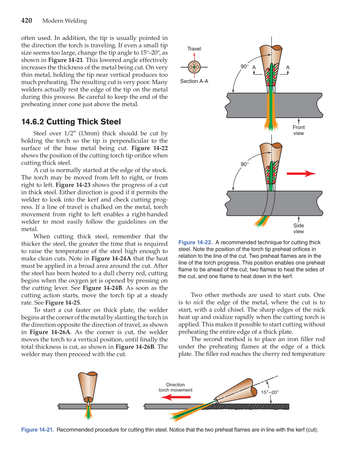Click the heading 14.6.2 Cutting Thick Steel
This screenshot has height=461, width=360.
[x=71, y=122]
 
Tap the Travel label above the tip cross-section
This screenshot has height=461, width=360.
[x=194, y=49]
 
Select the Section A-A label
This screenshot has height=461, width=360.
[x=194, y=81]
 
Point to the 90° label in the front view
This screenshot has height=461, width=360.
[x=245, y=67]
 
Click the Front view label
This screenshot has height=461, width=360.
[x=299, y=130]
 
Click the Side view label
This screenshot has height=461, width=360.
[x=299, y=229]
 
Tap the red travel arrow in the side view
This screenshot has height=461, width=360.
[x=301, y=173]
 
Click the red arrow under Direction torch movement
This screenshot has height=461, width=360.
[x=176, y=397]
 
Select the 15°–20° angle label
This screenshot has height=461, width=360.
[x=270, y=393]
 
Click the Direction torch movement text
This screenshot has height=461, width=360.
[x=175, y=387]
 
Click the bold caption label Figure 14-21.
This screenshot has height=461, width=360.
[x=37, y=430]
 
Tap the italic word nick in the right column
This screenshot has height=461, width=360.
[x=198, y=302]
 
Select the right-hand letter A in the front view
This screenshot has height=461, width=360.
[x=288, y=67]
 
